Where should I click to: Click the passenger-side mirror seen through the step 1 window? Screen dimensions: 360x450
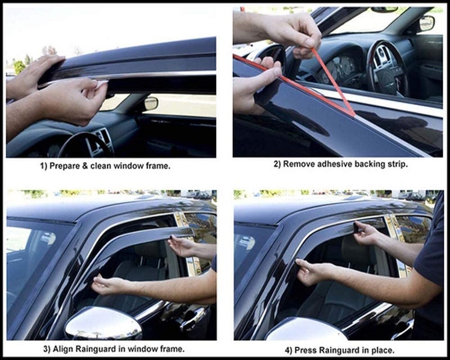coord(150,103)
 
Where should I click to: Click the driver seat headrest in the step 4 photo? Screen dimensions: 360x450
coord(359,247)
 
